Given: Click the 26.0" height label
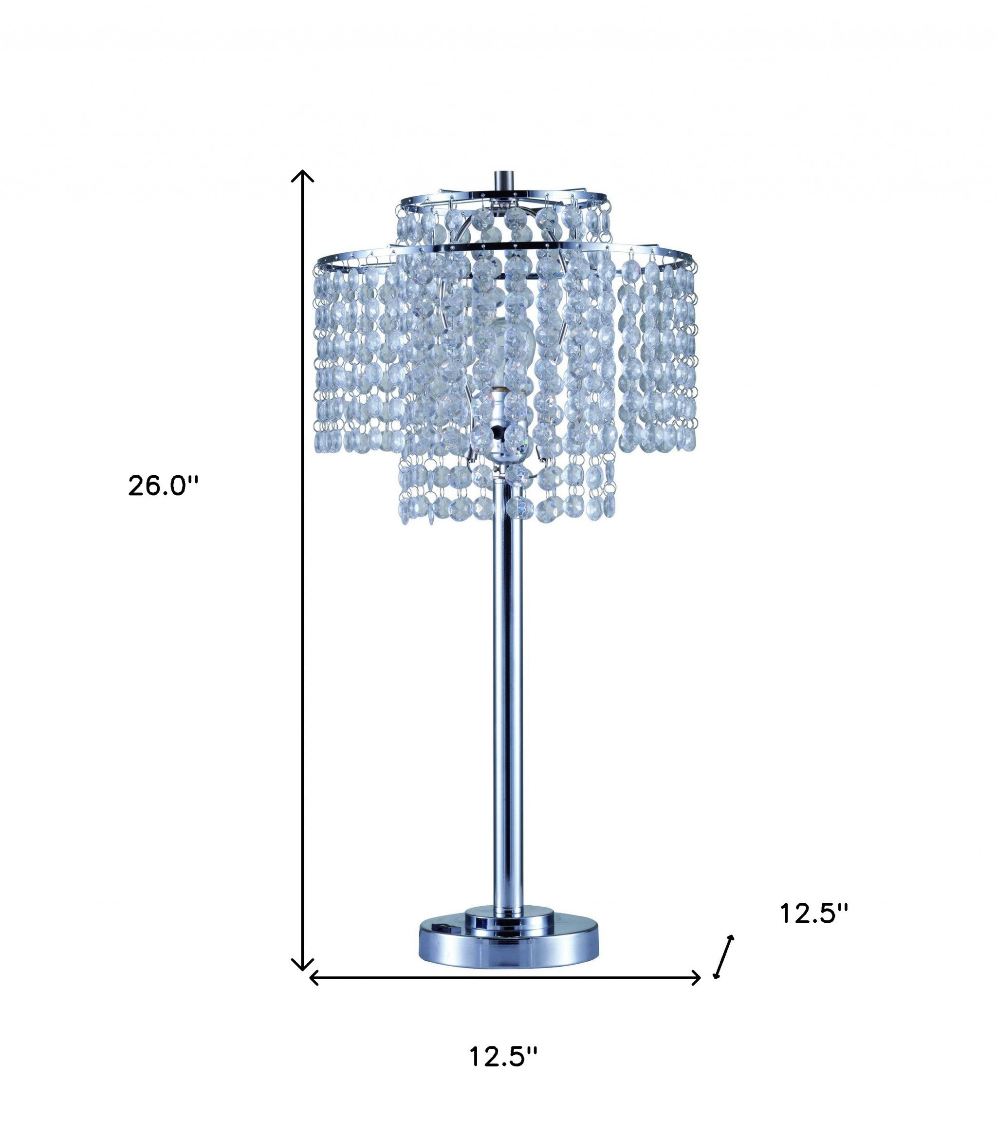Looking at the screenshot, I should pyautogui.click(x=163, y=486).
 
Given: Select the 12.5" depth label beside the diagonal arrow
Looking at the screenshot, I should pyautogui.click(x=814, y=913).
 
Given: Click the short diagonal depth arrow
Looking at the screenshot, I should pyautogui.click(x=724, y=956).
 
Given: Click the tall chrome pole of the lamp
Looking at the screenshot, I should pyautogui.click(x=507, y=695).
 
